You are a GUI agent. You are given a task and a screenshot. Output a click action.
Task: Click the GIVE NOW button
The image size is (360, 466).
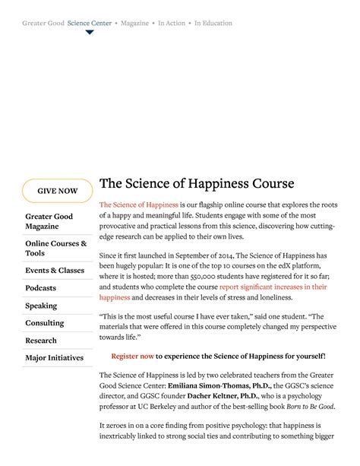(58, 191)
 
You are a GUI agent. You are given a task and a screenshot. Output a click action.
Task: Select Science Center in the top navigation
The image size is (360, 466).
(89, 24)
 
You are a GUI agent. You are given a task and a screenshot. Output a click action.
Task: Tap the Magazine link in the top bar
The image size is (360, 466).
(135, 24)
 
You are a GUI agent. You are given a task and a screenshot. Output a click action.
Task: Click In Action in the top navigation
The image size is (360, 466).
(171, 24)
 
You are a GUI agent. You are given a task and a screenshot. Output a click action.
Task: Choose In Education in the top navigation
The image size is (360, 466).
(213, 24)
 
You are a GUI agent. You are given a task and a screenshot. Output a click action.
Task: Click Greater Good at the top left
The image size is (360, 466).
(43, 24)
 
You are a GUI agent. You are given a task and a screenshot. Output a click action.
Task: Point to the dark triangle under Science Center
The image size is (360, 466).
(90, 33)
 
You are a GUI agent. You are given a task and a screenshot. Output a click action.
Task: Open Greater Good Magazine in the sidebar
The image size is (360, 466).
(49, 221)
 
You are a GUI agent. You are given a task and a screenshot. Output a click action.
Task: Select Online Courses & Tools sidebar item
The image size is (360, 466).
(56, 248)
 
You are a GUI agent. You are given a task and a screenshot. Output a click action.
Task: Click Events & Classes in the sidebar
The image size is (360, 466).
(55, 271)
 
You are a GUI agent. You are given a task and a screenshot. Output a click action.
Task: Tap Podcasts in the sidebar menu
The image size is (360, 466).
(40, 288)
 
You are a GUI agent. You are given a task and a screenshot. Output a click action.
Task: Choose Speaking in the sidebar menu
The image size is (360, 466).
(41, 306)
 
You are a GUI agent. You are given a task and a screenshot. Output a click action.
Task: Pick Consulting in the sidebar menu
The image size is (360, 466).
(44, 323)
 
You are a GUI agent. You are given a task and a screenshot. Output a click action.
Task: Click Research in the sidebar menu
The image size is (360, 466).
(41, 341)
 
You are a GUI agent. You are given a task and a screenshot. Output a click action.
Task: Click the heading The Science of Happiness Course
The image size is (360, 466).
(197, 184)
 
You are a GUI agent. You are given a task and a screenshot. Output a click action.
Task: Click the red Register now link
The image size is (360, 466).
(132, 356)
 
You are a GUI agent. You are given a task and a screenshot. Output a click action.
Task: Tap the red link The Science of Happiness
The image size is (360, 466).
(139, 205)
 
